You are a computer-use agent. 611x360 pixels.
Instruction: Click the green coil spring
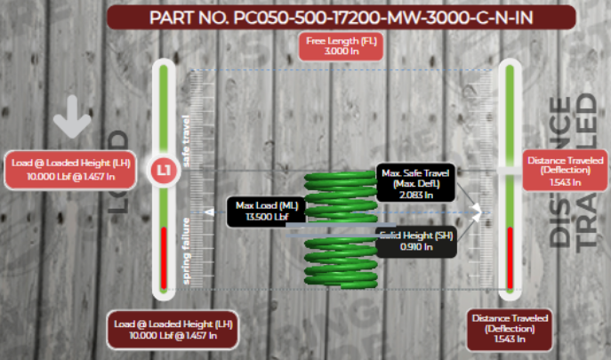(x=340, y=231)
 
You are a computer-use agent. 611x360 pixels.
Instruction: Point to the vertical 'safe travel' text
(x=187, y=142)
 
